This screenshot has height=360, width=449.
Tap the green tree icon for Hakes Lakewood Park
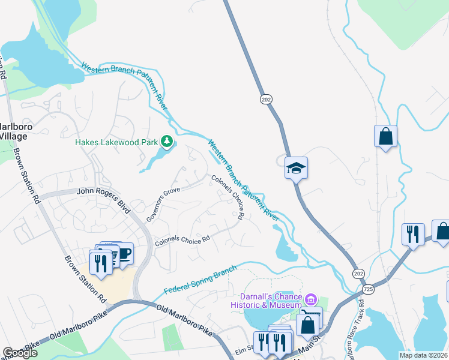(167, 142)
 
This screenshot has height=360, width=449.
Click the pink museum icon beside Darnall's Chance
(310, 299)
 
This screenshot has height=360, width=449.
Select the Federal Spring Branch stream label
(200, 281)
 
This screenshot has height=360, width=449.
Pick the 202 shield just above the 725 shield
(358, 274)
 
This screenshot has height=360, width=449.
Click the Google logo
(20, 353)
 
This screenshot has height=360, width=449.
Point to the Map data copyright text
(423, 355)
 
